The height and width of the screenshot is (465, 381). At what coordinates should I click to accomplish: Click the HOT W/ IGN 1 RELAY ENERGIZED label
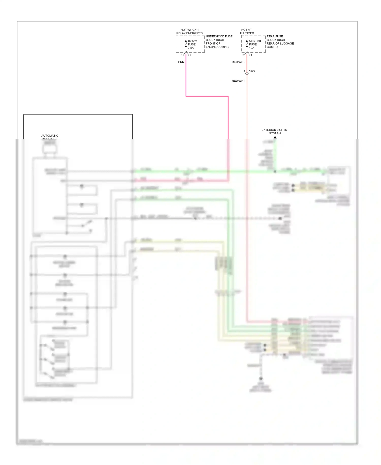(189, 32)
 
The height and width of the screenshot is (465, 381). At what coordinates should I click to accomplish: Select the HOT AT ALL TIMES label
(247, 32)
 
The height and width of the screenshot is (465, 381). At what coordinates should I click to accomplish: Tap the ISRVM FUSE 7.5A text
(192, 44)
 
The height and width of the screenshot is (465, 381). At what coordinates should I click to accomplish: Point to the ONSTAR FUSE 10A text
(255, 44)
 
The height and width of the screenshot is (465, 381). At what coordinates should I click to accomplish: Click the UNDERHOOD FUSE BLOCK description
(219, 42)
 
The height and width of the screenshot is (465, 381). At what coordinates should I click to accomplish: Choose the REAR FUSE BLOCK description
(280, 42)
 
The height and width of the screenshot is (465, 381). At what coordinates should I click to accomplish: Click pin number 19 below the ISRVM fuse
(183, 55)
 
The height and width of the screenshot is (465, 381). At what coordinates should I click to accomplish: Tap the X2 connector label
(189, 55)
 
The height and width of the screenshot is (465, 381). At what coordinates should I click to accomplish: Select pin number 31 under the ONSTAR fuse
(244, 55)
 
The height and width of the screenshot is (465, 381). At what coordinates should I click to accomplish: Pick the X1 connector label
(250, 55)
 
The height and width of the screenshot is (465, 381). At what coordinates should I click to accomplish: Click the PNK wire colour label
(181, 62)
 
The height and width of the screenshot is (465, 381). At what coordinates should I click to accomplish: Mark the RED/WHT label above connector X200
(238, 62)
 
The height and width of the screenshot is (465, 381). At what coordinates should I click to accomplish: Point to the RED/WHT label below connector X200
(238, 81)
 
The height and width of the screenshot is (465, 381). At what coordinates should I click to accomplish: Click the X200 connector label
(252, 71)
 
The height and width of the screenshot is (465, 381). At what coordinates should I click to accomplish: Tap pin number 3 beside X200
(244, 71)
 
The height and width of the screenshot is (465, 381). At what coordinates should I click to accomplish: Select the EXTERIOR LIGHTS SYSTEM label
(274, 132)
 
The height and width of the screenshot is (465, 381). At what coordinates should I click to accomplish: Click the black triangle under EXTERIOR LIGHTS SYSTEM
(275, 137)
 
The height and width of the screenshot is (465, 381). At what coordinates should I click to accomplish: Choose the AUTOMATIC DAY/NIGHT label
(50, 137)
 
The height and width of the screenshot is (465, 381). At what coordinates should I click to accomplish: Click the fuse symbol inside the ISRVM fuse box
(186, 44)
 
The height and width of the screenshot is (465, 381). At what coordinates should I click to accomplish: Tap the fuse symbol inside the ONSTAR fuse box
(247, 44)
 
